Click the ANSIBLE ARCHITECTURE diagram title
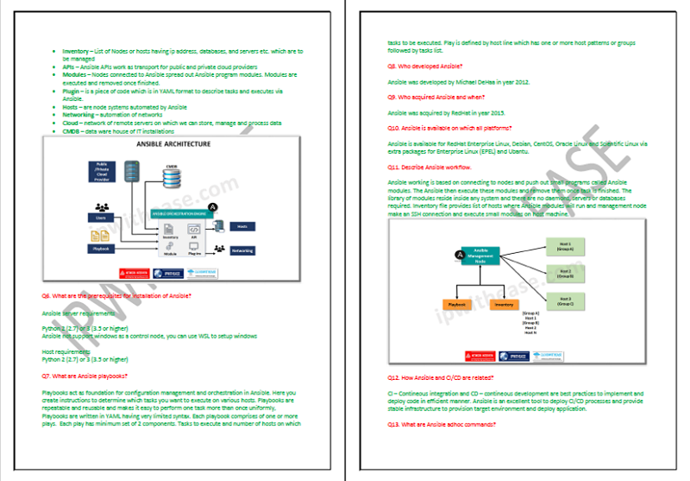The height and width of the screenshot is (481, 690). point(173,144)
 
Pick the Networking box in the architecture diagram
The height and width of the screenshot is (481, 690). point(242,250)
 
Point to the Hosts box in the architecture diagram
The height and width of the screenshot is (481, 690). point(242,226)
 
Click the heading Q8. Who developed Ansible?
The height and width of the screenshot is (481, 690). point(424,66)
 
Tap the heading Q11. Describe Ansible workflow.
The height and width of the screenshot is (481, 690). point(430,166)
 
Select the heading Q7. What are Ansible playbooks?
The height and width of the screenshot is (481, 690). point(85,376)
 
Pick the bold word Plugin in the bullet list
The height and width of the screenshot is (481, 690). point(72,91)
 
